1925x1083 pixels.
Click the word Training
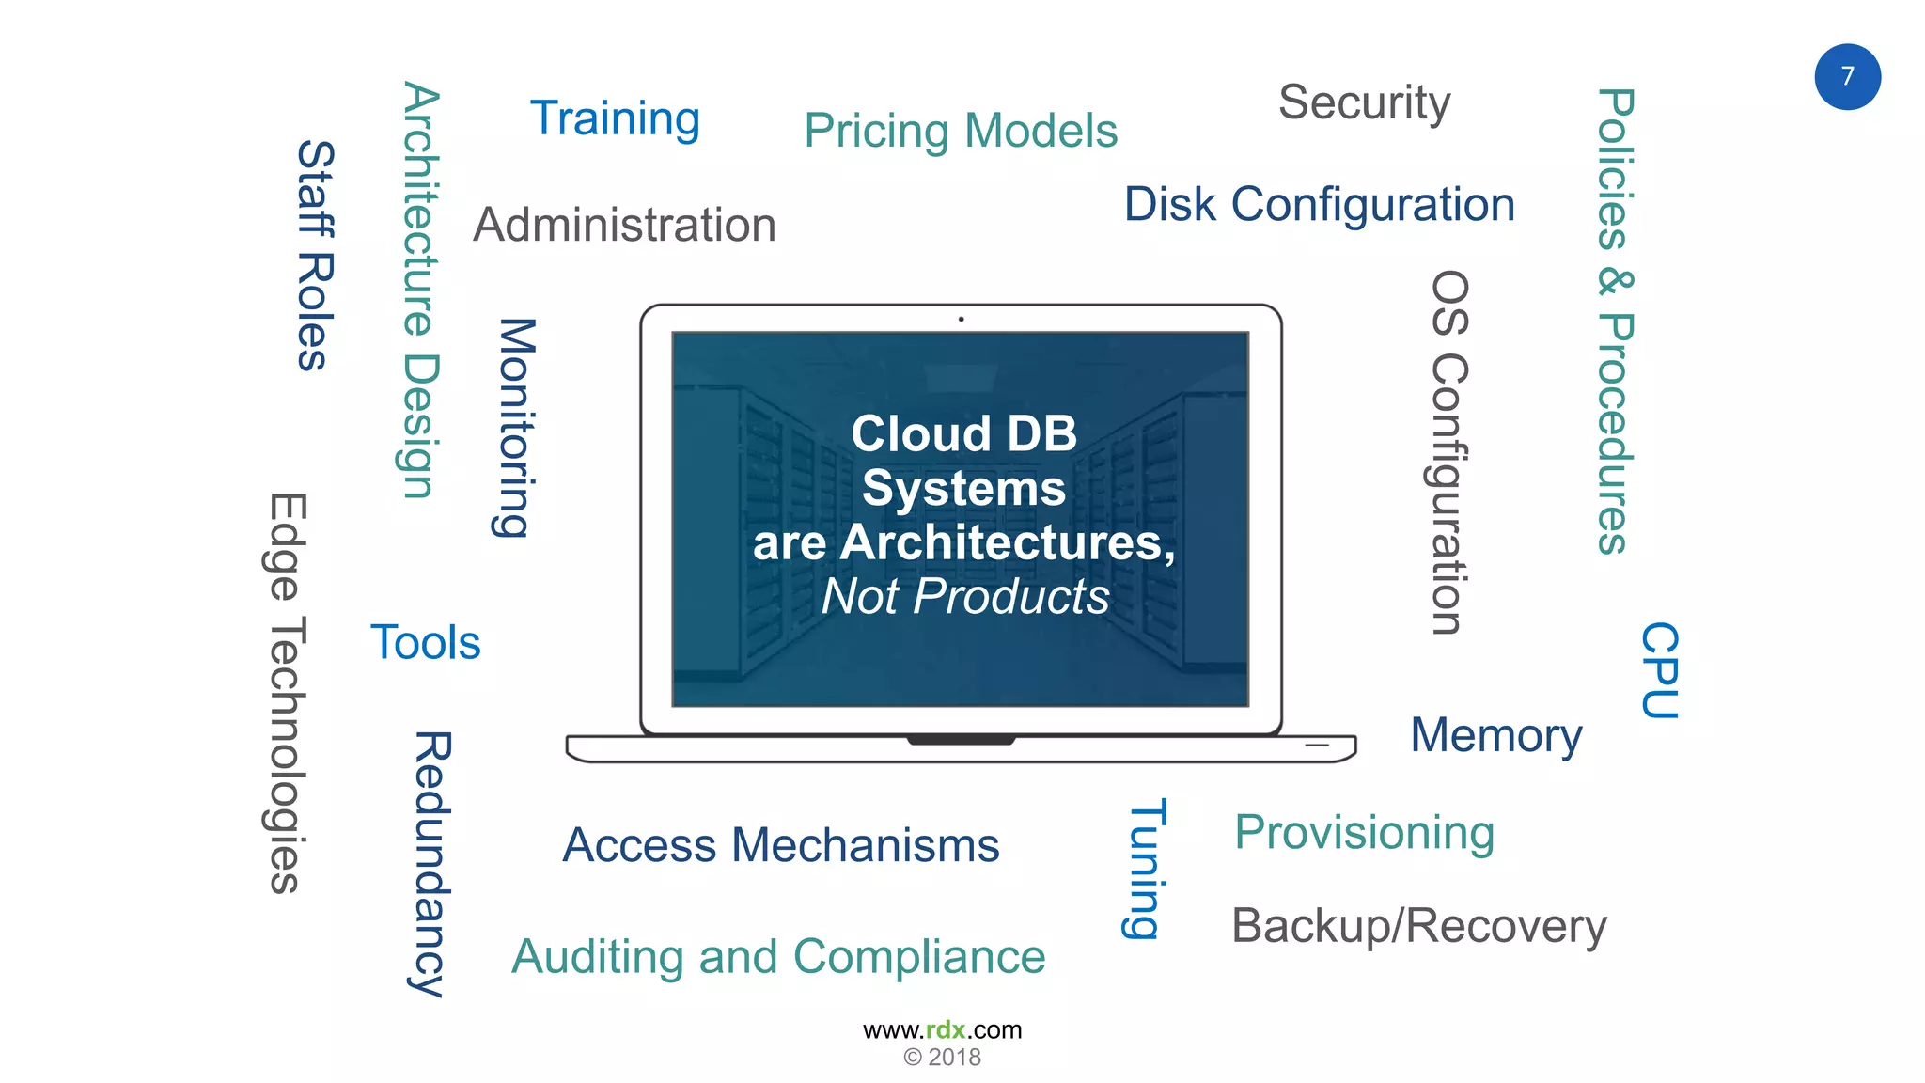(615, 119)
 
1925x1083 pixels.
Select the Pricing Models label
(961, 131)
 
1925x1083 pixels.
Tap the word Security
(1364, 102)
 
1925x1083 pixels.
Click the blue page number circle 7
(1847, 77)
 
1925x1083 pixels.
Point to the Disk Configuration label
(1319, 204)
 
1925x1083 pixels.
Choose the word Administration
(624, 225)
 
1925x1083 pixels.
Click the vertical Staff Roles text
(316, 256)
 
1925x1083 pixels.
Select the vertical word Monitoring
(515, 428)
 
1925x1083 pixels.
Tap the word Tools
(425, 643)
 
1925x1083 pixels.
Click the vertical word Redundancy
(432, 863)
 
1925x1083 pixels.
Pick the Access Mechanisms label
(780, 845)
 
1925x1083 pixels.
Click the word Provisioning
(1364, 832)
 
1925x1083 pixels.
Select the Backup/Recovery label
(1418, 926)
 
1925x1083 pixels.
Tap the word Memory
(1495, 735)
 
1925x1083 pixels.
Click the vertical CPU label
(1660, 670)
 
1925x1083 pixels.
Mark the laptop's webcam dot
(961, 320)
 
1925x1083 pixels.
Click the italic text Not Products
(965, 596)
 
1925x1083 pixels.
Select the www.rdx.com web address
(942, 1029)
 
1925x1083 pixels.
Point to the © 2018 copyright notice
(942, 1058)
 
